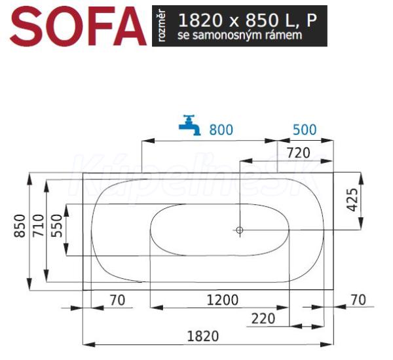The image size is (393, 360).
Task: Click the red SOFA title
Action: [x=78, y=26]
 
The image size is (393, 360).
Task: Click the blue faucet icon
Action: [x=190, y=125]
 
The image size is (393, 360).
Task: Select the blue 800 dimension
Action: [x=221, y=130]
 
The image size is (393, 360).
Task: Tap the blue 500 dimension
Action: [x=305, y=130]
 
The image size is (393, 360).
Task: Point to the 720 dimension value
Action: [x=298, y=153]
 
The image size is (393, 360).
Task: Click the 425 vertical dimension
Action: [x=353, y=200]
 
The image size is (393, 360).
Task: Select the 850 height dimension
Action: [x=20, y=226]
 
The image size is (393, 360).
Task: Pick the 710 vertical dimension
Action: [x=39, y=225]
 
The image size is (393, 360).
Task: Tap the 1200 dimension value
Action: [x=223, y=300]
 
